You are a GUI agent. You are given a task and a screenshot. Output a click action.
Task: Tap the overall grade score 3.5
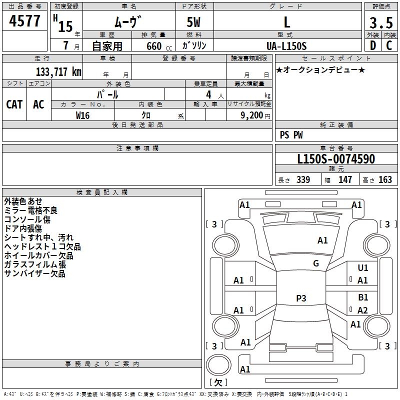[381, 23]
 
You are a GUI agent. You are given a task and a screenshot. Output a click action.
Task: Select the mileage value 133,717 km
[58, 71]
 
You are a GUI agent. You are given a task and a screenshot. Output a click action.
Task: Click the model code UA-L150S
[287, 45]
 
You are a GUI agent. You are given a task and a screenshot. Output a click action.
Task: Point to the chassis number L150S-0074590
[335, 159]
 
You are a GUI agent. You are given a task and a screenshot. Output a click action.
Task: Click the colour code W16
[83, 115]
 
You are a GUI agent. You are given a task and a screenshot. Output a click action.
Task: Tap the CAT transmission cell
[14, 104]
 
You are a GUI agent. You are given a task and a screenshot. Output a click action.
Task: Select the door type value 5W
[194, 23]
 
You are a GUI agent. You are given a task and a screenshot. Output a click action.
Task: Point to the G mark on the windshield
[316, 263]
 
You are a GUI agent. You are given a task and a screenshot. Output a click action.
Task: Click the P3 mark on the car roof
[301, 298]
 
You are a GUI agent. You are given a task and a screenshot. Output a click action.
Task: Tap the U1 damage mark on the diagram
[363, 268]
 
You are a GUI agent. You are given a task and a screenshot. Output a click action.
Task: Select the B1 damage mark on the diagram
[363, 297]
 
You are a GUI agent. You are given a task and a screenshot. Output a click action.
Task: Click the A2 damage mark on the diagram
[363, 310]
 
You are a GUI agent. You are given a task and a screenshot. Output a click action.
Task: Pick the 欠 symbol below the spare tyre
[217, 382]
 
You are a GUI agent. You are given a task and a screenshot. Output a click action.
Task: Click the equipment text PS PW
[291, 135]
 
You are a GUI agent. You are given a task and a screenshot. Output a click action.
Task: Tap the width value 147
[345, 179]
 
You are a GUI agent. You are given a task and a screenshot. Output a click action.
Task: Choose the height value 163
[385, 179]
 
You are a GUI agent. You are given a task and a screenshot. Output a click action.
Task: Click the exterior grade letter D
[372, 45]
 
